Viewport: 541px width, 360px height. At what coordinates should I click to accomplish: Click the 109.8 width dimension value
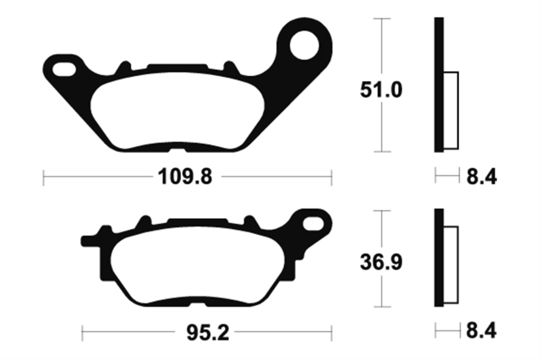click(x=185, y=177)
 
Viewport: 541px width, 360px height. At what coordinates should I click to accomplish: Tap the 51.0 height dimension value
click(x=381, y=90)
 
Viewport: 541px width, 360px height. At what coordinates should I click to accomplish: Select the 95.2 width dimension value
click(x=208, y=333)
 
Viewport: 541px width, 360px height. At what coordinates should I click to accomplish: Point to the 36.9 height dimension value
click(x=381, y=263)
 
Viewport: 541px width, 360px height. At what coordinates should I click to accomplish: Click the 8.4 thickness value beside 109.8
click(x=482, y=177)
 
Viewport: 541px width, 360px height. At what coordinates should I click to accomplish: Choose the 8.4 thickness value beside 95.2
click(x=482, y=330)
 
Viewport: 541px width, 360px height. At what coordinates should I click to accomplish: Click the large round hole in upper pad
click(x=304, y=45)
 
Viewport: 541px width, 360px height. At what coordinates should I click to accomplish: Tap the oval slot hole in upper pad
click(x=64, y=69)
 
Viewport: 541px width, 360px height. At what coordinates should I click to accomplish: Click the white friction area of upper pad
click(x=178, y=111)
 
